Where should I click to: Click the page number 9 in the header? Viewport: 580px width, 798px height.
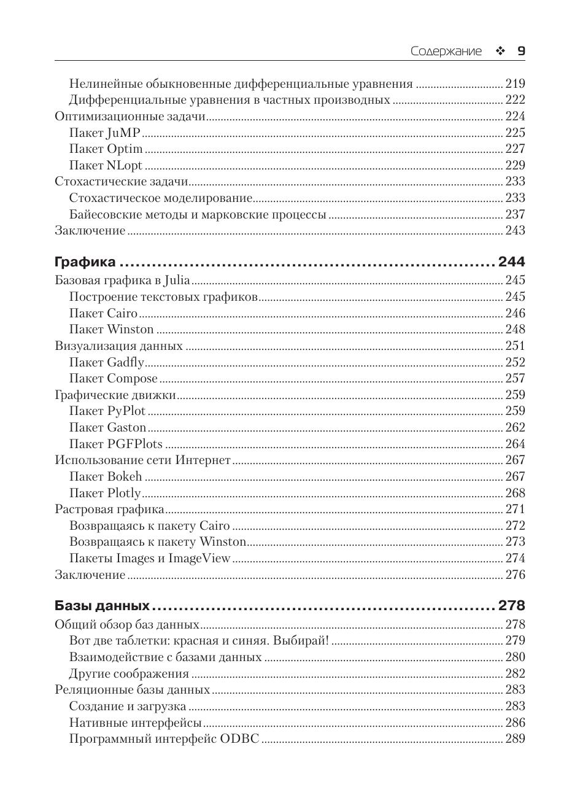tap(521, 52)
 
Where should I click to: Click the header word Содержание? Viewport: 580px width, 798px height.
tap(446, 52)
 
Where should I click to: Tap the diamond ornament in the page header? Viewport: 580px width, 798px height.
tap(500, 52)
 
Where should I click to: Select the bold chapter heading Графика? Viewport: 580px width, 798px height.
tap(85, 262)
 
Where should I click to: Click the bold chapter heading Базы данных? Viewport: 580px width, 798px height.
tap(102, 606)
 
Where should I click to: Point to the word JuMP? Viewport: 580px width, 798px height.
tap(123, 133)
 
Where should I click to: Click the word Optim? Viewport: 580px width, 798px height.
tap(125, 149)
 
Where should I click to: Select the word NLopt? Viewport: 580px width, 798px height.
tap(125, 165)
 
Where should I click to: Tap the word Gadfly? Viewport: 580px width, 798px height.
tap(125, 362)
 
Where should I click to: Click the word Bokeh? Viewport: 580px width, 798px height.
tap(125, 476)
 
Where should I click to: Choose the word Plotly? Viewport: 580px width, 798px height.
tap(124, 493)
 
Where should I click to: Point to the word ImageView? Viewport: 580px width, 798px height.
tap(199, 559)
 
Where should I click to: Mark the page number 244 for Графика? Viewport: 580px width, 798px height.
tap(512, 262)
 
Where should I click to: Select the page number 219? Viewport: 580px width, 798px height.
tap(515, 83)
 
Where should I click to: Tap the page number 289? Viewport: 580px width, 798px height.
tap(515, 738)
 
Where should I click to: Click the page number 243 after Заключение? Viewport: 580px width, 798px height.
tap(515, 231)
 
